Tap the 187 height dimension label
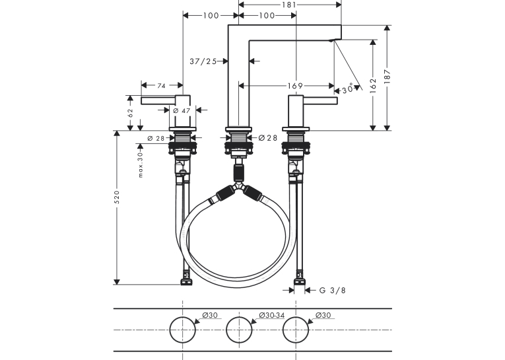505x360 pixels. [x=387, y=77]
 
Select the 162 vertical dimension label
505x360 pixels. [x=373, y=86]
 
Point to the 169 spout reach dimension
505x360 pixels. [x=295, y=86]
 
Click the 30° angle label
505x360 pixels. [x=347, y=89]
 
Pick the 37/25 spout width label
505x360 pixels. [x=203, y=61]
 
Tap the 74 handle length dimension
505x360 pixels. [x=161, y=86]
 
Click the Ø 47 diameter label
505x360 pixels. [x=182, y=110]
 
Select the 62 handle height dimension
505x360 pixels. [x=130, y=112]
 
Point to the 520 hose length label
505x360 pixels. [x=117, y=197]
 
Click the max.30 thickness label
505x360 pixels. [x=140, y=164]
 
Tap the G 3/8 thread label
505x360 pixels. [x=332, y=291]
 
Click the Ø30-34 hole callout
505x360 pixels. [x=272, y=315]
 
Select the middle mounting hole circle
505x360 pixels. [x=239, y=330]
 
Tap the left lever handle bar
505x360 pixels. [x=158, y=101]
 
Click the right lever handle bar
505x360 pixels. [x=320, y=101]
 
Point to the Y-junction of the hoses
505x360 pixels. [x=239, y=187]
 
